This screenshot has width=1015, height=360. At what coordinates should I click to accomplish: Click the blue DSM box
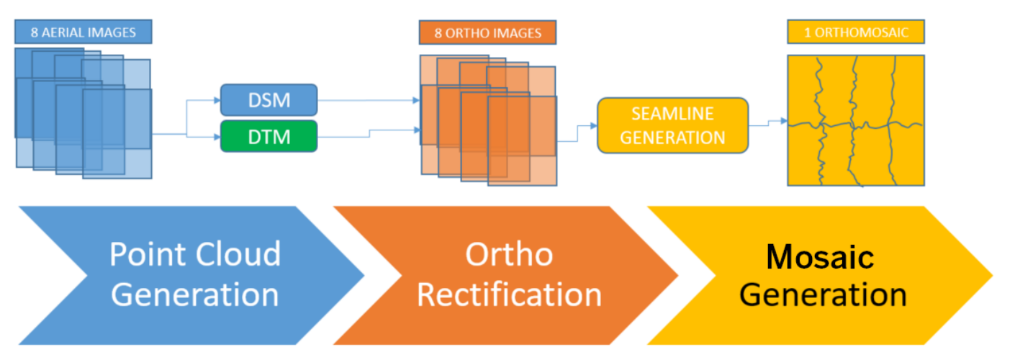pyautogui.click(x=269, y=100)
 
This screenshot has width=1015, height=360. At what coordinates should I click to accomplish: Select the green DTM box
pyautogui.click(x=269, y=137)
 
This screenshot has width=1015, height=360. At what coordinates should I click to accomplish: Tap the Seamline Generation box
pyautogui.click(x=673, y=125)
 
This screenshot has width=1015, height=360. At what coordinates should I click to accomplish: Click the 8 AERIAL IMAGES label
pyautogui.click(x=84, y=32)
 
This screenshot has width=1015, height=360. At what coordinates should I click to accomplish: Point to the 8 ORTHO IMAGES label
pyautogui.click(x=487, y=32)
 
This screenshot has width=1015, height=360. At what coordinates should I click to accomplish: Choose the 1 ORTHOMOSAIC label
pyautogui.click(x=856, y=32)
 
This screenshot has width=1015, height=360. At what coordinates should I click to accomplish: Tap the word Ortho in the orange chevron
pyautogui.click(x=510, y=254)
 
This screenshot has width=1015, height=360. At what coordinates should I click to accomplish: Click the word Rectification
pyautogui.click(x=510, y=294)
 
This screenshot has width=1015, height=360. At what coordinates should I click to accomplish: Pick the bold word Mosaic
pyautogui.click(x=820, y=256)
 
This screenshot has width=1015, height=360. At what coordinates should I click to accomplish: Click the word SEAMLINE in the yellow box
pyautogui.click(x=673, y=113)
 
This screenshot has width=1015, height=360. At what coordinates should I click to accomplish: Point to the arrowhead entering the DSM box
pyautogui.click(x=217, y=100)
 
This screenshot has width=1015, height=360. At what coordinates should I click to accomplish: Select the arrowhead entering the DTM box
pyautogui.click(x=217, y=137)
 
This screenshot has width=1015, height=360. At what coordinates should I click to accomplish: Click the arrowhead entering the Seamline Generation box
pyautogui.click(x=594, y=125)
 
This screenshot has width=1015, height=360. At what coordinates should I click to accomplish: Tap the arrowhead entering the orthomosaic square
pyautogui.click(x=785, y=121)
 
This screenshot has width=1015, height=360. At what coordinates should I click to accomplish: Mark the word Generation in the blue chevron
pyautogui.click(x=195, y=294)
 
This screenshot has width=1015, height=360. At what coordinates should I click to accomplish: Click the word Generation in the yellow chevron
pyautogui.click(x=823, y=294)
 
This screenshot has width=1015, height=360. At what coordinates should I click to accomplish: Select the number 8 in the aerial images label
pyautogui.click(x=35, y=32)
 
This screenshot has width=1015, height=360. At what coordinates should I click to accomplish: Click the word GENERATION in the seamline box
pyautogui.click(x=673, y=138)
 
